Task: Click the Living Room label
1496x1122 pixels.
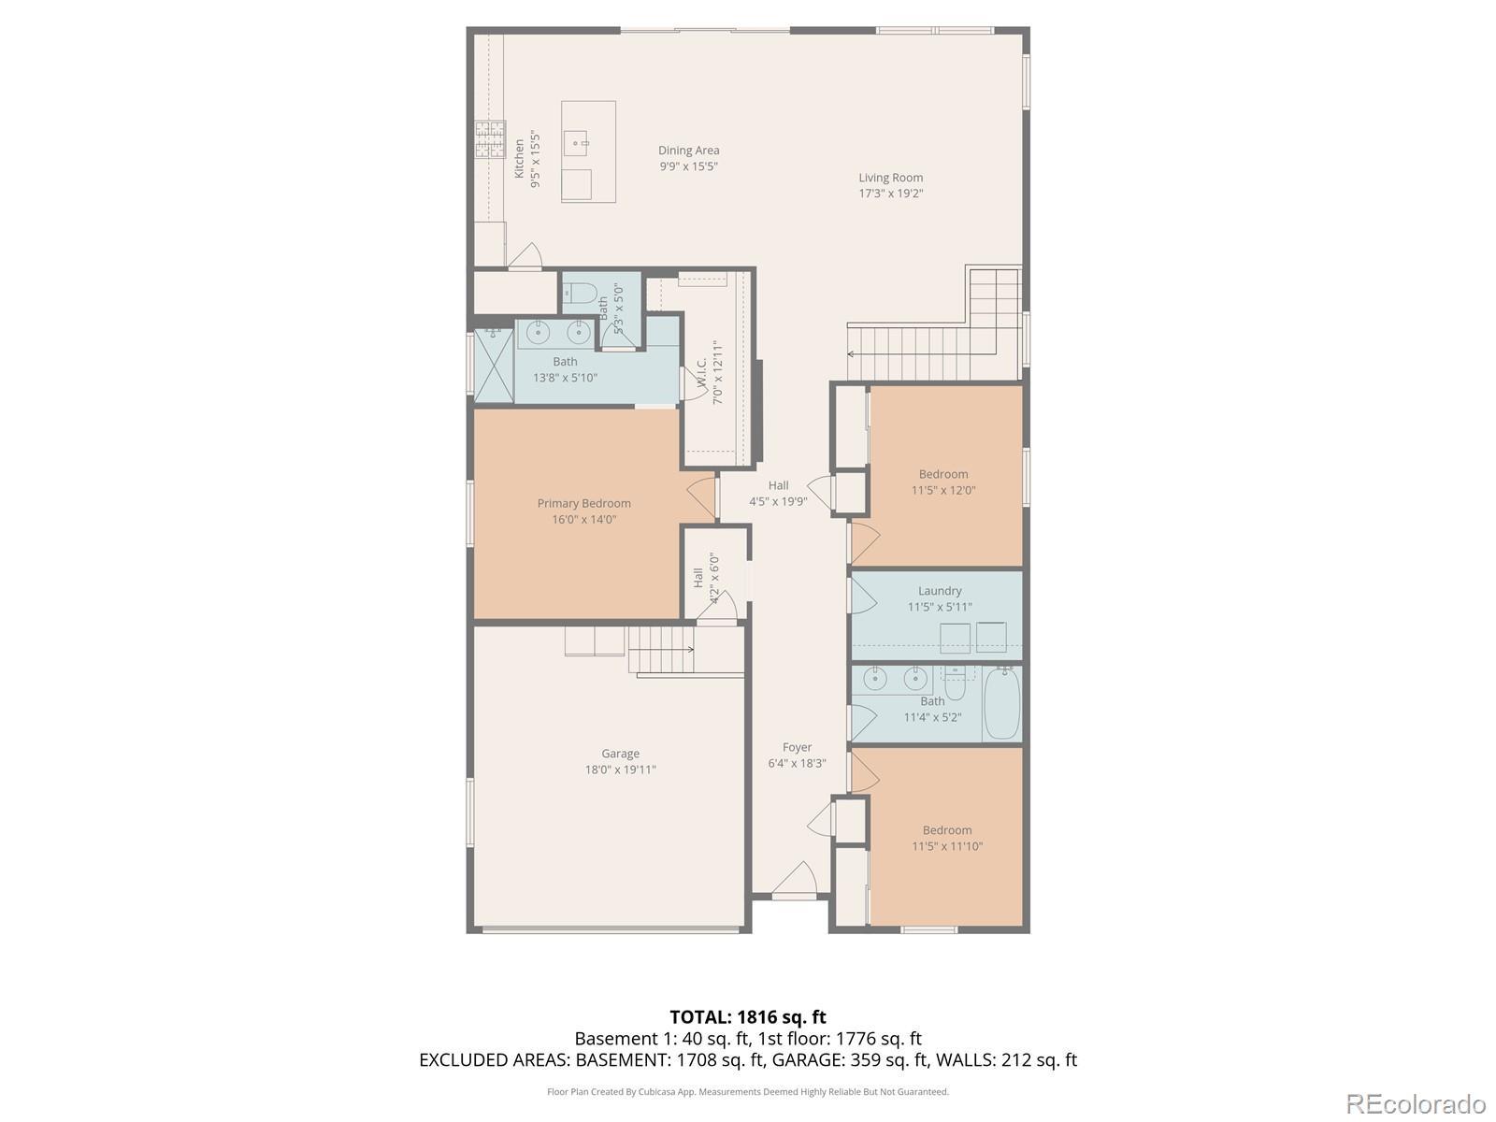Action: [x=890, y=178]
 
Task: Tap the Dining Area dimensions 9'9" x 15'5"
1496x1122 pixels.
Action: [x=688, y=166]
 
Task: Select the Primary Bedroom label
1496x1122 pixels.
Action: [x=583, y=503]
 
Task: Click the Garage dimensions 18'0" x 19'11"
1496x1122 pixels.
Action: [x=620, y=770]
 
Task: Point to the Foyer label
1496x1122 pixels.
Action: [x=797, y=747]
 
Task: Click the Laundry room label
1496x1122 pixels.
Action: [x=939, y=591]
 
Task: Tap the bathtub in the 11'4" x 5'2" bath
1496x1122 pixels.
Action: [x=1001, y=703]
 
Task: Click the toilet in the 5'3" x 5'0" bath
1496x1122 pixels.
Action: [x=578, y=293]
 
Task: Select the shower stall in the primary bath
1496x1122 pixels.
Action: [x=494, y=366]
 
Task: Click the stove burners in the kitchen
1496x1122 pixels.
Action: [x=490, y=139]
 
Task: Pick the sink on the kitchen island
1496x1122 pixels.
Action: [x=577, y=144]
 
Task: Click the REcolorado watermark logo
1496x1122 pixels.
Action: [x=1417, y=1103]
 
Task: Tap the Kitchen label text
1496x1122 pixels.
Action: [x=519, y=159]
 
